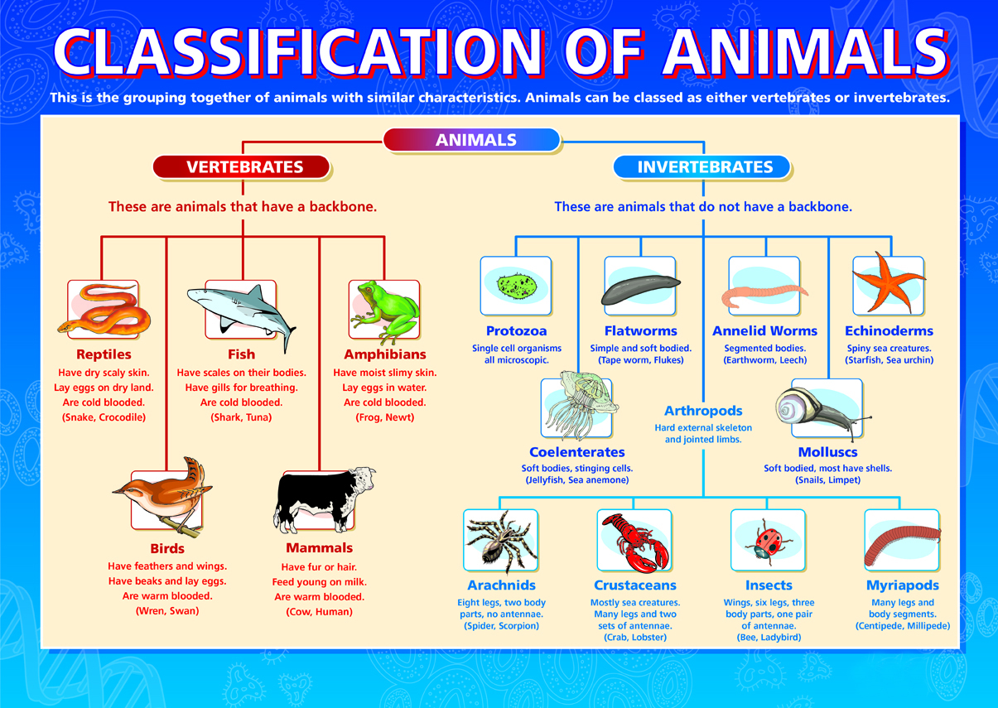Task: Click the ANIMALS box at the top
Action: pyautogui.click(x=471, y=140)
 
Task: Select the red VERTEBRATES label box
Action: pyautogui.click(x=241, y=166)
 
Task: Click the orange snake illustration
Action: pyautogui.click(x=104, y=311)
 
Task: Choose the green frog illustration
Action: pyautogui.click(x=385, y=311)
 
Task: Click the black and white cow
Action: pyautogui.click(x=324, y=499)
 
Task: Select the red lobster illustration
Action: pyautogui.click(x=635, y=542)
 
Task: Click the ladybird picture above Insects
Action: pyautogui.click(x=768, y=542)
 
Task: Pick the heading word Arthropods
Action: pyautogui.click(x=703, y=411)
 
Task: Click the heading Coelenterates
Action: pyautogui.click(x=577, y=452)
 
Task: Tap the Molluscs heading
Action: pyautogui.click(x=827, y=452)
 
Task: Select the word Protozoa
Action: pyautogui.click(x=516, y=330)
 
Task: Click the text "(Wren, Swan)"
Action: pyautogui.click(x=167, y=611)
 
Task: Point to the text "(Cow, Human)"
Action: pyautogui.click(x=319, y=612)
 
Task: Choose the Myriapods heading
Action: pyautogui.click(x=902, y=585)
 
